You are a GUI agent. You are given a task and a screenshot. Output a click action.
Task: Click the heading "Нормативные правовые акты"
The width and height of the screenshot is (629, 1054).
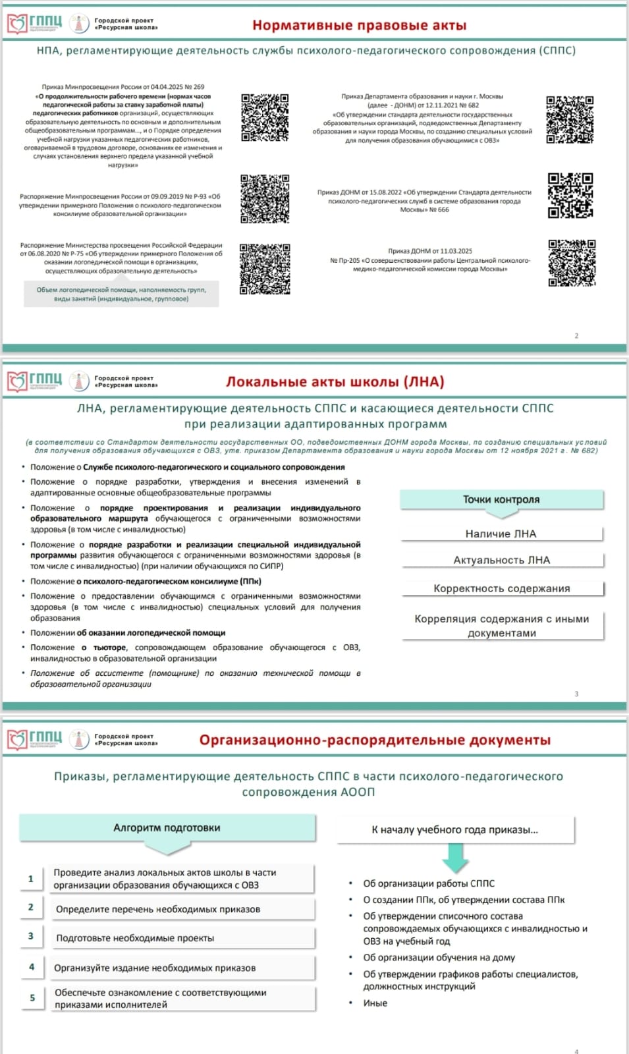(x=359, y=26)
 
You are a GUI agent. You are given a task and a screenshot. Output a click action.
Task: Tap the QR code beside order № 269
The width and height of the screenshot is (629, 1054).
(x=265, y=117)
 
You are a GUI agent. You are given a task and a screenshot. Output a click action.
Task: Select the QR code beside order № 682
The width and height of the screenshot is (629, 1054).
(x=570, y=119)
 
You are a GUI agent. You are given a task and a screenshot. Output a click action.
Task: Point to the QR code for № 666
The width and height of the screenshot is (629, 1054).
(x=570, y=196)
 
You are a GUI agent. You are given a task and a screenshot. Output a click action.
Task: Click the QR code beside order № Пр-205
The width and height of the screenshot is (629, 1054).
(x=572, y=263)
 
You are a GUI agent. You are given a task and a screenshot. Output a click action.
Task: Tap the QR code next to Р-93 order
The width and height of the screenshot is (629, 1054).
(x=265, y=199)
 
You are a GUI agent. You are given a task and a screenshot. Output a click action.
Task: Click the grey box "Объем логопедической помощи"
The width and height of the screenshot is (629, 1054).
(x=121, y=294)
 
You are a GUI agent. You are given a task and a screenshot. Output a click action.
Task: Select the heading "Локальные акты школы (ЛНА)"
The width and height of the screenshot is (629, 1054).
(x=335, y=382)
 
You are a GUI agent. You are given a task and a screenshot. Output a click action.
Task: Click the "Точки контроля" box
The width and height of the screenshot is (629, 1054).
(x=501, y=499)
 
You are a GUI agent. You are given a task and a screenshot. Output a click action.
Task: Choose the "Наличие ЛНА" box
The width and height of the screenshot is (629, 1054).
(x=501, y=534)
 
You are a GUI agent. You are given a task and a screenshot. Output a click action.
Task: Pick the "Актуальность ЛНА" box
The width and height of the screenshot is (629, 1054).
(x=501, y=560)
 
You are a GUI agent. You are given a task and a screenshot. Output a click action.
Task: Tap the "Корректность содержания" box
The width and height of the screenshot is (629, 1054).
(x=501, y=588)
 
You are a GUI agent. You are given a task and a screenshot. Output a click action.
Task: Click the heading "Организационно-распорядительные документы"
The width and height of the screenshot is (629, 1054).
(x=375, y=740)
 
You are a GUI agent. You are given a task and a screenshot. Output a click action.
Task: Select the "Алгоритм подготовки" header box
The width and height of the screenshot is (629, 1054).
(x=167, y=828)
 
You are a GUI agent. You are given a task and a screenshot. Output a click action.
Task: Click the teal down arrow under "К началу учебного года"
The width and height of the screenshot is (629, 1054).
(x=455, y=857)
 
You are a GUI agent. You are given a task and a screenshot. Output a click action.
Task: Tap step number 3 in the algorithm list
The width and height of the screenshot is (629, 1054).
(x=31, y=936)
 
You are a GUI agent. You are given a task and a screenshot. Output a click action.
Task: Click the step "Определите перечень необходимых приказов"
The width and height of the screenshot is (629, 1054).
(x=158, y=910)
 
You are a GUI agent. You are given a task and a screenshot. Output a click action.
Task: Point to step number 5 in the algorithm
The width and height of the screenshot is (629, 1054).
(x=32, y=998)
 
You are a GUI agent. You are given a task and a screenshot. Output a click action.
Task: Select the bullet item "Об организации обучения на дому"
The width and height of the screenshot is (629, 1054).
(x=439, y=958)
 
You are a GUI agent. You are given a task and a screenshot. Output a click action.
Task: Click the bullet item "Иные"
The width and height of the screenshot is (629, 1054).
(x=375, y=1003)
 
